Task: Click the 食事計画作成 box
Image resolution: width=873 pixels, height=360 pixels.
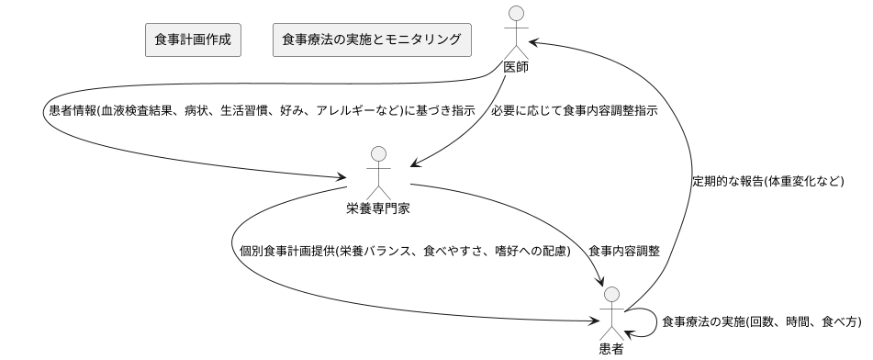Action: click(x=193, y=40)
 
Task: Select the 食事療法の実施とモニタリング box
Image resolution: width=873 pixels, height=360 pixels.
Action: click(x=372, y=40)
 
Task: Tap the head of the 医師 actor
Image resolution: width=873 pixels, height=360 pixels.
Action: click(x=518, y=14)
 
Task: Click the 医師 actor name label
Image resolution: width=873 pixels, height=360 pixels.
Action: click(x=518, y=68)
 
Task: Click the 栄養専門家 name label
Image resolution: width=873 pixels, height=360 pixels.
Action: click(x=378, y=208)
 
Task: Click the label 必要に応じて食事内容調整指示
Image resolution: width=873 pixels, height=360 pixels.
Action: click(x=575, y=110)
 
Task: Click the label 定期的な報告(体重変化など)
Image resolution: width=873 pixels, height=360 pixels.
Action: click(x=767, y=181)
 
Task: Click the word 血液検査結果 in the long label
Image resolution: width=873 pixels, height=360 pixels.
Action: click(x=132, y=110)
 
